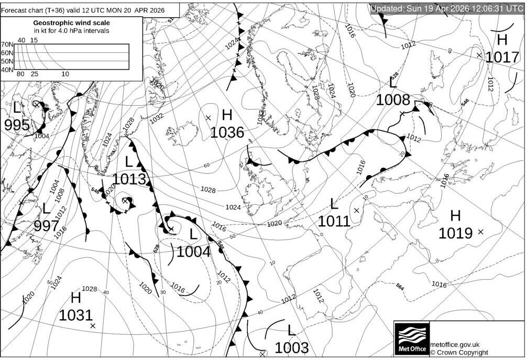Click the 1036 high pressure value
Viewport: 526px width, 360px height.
coord(227,132)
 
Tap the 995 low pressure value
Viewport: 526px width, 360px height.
coord(17,125)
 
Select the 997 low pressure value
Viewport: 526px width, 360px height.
coord(46,226)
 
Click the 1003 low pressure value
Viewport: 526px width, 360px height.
coord(291,347)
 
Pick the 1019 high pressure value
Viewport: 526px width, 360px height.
coord(455,233)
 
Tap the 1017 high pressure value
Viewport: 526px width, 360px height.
coord(502,57)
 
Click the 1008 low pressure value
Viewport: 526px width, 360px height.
coord(393,100)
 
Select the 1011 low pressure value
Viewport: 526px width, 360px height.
coord(334,221)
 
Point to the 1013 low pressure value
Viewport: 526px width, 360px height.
coord(129,179)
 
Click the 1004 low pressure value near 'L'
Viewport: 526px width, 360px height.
coord(193,252)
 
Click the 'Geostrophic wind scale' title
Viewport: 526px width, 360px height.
coord(71,23)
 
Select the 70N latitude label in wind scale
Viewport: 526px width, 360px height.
coord(7,45)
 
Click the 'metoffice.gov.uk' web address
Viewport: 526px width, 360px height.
coord(455,344)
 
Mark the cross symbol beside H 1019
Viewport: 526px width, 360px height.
coord(480,232)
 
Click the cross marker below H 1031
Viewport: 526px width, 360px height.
coord(93,326)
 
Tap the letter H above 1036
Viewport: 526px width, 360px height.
coord(227,115)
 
